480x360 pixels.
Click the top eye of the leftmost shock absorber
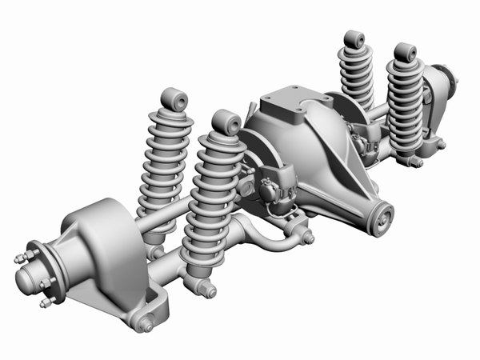[174, 99]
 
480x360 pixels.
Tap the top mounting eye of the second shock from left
[226, 122]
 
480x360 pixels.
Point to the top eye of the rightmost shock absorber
[405, 54]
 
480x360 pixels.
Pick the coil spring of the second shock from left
[212, 200]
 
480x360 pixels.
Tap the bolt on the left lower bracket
[146, 323]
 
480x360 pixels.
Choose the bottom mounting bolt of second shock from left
[208, 290]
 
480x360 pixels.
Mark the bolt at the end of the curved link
[307, 238]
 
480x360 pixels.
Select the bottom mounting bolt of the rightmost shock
[416, 162]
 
